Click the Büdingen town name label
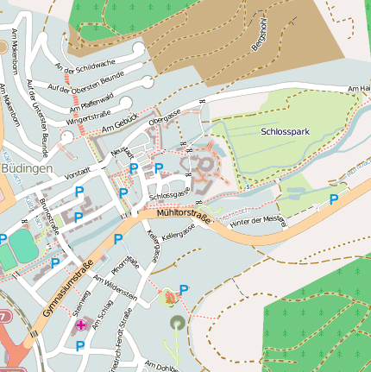27,168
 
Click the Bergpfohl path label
262,35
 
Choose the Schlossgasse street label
169,195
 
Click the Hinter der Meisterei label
257,221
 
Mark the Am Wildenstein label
116,288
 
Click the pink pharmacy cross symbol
81,325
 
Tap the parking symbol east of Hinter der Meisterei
333,199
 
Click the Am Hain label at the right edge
358,89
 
